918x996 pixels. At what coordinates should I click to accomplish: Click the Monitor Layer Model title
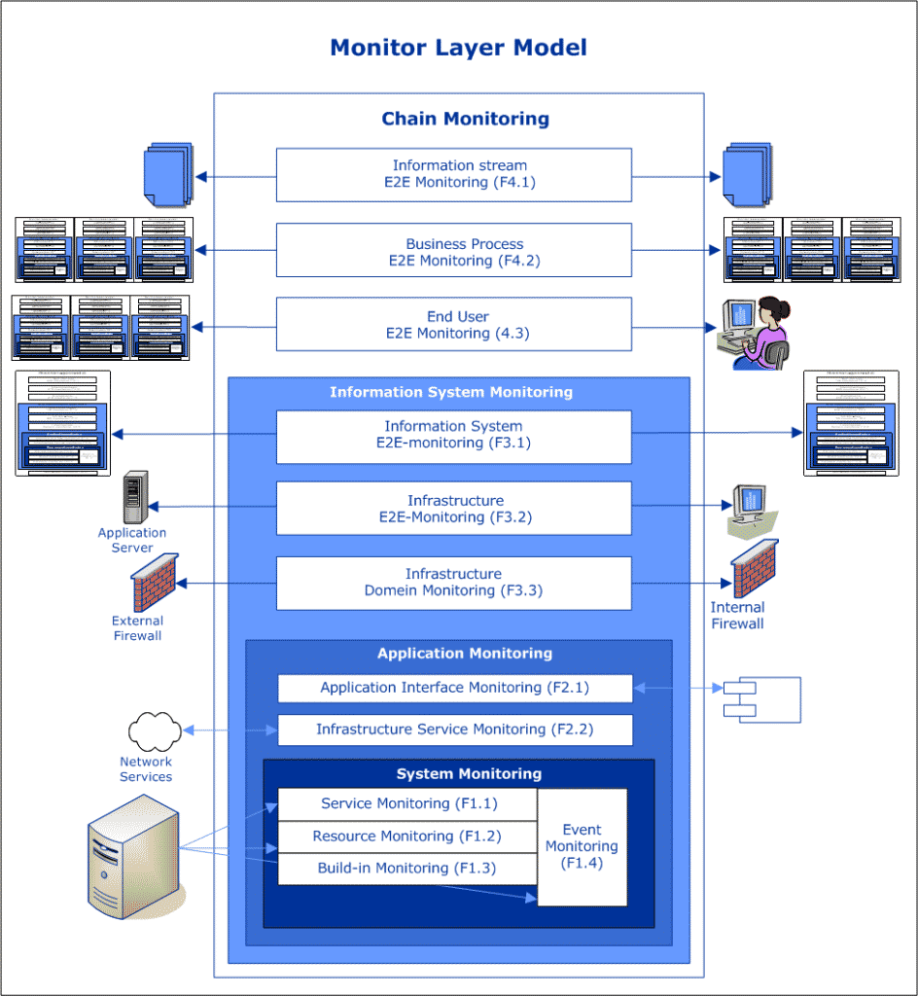(x=458, y=47)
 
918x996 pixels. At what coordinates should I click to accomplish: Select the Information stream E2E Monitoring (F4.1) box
(x=453, y=174)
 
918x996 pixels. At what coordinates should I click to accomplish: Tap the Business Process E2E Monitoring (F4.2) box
(x=453, y=251)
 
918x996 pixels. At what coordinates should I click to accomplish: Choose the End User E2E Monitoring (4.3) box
(x=453, y=324)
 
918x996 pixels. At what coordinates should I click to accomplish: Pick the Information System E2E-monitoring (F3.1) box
(x=453, y=436)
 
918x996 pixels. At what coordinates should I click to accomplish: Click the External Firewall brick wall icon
(x=154, y=583)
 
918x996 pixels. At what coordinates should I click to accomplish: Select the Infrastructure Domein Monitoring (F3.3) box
(x=453, y=582)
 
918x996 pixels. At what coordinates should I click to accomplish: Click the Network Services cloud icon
(x=154, y=731)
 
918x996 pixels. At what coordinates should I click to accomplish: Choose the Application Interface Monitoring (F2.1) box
(x=455, y=688)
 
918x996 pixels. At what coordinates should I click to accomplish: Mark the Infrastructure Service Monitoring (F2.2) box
(x=455, y=729)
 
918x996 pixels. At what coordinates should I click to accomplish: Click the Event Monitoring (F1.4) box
(x=582, y=846)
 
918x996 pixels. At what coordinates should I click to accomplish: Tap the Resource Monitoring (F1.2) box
(x=407, y=836)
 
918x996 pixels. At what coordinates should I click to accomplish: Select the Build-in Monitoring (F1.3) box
(x=407, y=869)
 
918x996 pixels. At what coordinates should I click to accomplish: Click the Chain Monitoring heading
(x=465, y=119)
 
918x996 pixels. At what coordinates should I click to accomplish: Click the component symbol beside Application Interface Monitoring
(x=761, y=699)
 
